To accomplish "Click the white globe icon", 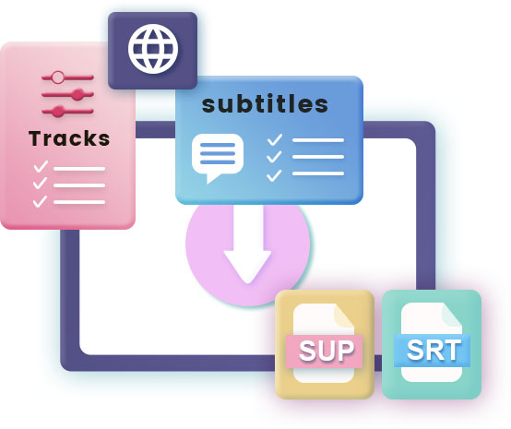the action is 153,49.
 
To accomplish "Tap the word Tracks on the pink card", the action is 69,138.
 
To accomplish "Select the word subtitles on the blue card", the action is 265,104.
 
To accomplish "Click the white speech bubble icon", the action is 218,158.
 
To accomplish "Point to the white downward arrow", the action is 248,244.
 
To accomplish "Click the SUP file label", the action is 325,352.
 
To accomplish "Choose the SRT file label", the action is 432,350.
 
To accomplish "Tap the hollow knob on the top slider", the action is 58,77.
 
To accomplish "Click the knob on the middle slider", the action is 77,94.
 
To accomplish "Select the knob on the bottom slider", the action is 58,112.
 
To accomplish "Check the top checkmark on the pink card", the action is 41,167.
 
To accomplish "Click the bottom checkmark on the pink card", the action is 40,201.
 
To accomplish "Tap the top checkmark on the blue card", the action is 275,140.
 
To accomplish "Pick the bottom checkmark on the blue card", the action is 274,175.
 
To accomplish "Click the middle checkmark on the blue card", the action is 274,157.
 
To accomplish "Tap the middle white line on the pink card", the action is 79,185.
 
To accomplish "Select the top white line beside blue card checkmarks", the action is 318,140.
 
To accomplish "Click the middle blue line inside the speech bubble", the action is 218,153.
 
